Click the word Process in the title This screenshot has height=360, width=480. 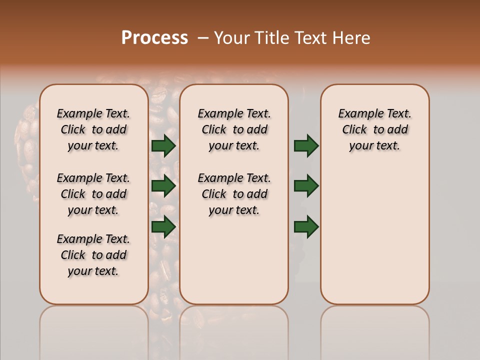154,38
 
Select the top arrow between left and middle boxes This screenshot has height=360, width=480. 163,146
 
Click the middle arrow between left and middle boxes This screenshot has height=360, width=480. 163,186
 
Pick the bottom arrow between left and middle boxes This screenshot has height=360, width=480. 163,226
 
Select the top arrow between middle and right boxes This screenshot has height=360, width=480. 306,146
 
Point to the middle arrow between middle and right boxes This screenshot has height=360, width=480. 306,186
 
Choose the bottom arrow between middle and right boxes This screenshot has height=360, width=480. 306,226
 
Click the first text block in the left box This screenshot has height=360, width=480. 93,129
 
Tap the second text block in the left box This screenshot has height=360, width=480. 93,194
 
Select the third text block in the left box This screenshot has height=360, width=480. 93,255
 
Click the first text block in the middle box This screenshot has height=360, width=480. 234,129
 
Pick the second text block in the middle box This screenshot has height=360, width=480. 234,194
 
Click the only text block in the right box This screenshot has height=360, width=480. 374,129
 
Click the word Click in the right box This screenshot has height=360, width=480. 354,130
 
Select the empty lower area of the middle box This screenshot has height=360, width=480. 234,260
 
